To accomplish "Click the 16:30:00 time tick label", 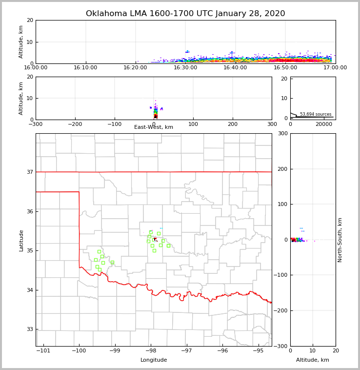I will point(185,68).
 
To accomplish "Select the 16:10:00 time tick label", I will point(85,68).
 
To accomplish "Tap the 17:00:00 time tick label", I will point(335,68).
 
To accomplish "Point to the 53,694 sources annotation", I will point(316,114).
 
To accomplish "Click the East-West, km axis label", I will point(154,127).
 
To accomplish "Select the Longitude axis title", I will point(154,360).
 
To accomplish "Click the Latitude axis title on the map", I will point(21,240).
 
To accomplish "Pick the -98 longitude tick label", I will point(151,351).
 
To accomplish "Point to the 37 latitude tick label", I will point(29,172).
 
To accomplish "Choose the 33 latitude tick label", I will point(29,329).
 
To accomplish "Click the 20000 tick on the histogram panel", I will point(323,124).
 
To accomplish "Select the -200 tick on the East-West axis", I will point(75,124).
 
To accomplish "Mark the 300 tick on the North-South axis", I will point(281,134).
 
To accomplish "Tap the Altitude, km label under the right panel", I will point(313,360).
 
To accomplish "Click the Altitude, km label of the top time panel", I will point(21,42).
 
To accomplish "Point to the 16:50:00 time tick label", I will point(285,68).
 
